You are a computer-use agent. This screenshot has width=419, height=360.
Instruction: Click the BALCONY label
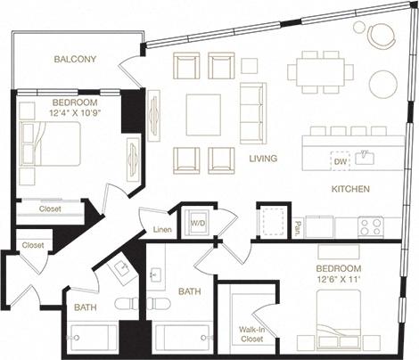click(x=75, y=60)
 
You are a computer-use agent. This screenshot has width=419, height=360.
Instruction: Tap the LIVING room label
click(x=263, y=159)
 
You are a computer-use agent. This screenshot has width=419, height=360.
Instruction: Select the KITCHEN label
click(x=350, y=190)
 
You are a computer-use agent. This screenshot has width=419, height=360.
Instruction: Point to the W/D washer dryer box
click(x=198, y=221)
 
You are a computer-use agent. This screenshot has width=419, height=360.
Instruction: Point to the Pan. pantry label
click(x=298, y=227)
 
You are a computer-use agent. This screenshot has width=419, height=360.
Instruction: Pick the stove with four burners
click(x=370, y=226)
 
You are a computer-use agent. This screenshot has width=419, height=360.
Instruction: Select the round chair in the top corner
click(x=382, y=36)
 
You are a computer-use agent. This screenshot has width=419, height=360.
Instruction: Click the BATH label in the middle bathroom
click(x=188, y=290)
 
